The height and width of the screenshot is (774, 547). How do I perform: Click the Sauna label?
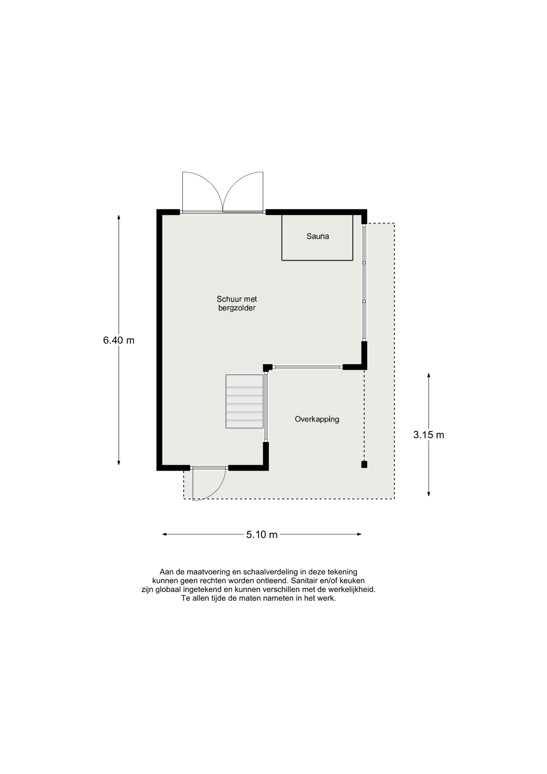[x=317, y=236]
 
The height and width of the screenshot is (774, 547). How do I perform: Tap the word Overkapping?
[x=317, y=419]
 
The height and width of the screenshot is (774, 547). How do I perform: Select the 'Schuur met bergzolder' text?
[x=237, y=304]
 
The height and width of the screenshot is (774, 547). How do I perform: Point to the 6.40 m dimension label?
[x=119, y=340]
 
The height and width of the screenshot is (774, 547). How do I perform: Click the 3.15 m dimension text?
[x=429, y=435]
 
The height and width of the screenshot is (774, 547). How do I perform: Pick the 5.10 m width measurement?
[x=262, y=535]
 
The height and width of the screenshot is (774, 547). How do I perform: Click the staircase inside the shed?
[x=244, y=401]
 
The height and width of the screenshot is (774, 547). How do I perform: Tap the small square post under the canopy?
[x=364, y=464]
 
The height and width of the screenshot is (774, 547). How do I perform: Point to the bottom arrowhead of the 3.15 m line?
[x=429, y=494]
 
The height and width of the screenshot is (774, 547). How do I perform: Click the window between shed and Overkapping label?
[x=307, y=367]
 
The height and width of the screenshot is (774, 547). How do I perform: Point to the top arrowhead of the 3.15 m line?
[x=429, y=375]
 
